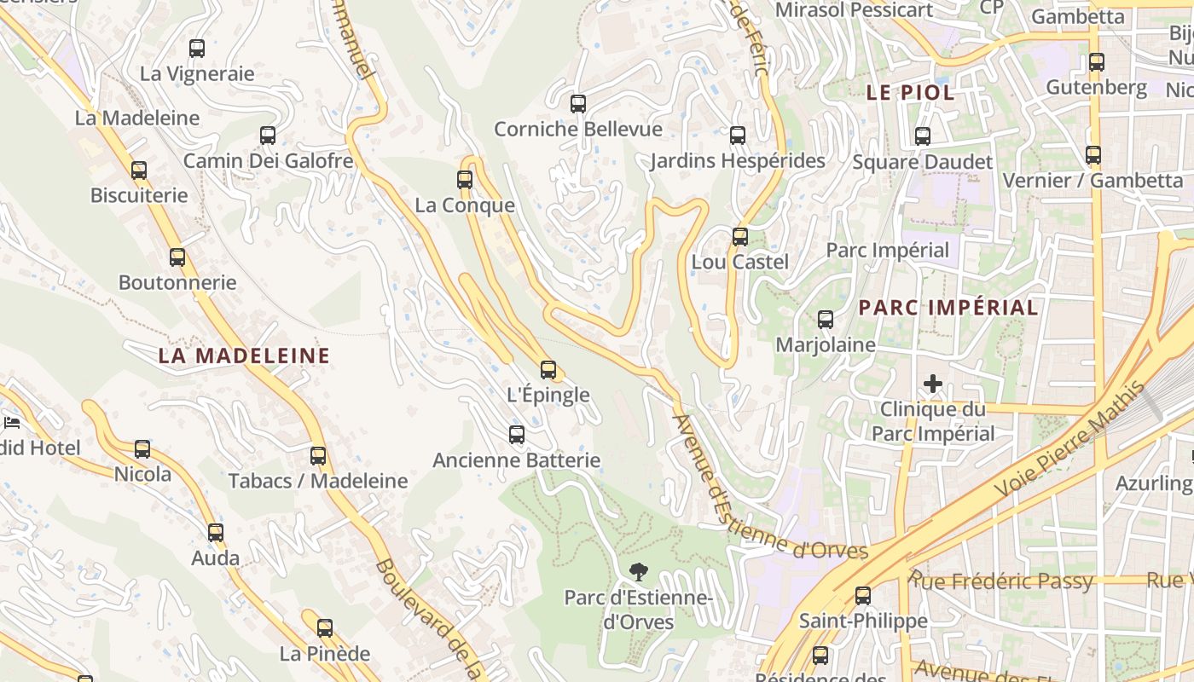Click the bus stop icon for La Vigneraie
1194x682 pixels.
click(197, 49)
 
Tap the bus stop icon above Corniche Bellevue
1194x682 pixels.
click(578, 104)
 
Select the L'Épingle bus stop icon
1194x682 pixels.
click(548, 370)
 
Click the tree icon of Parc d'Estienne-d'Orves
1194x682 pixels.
click(637, 572)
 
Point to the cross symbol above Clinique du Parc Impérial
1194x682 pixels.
click(933, 384)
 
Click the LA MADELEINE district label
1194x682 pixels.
click(244, 356)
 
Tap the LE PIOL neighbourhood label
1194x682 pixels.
click(910, 93)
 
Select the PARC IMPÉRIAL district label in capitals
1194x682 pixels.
click(948, 308)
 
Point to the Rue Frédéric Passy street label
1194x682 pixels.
click(1000, 581)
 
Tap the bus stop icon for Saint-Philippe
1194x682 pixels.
click(863, 596)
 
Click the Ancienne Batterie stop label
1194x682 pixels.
click(516, 460)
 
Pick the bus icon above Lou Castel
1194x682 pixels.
click(740, 237)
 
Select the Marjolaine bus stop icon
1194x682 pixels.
click(826, 320)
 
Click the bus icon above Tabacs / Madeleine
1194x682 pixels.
click(318, 456)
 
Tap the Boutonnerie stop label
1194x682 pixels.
click(177, 282)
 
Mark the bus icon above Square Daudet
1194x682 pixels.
click(922, 136)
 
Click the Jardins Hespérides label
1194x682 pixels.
click(738, 161)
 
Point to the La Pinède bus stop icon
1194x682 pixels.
click(325, 629)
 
